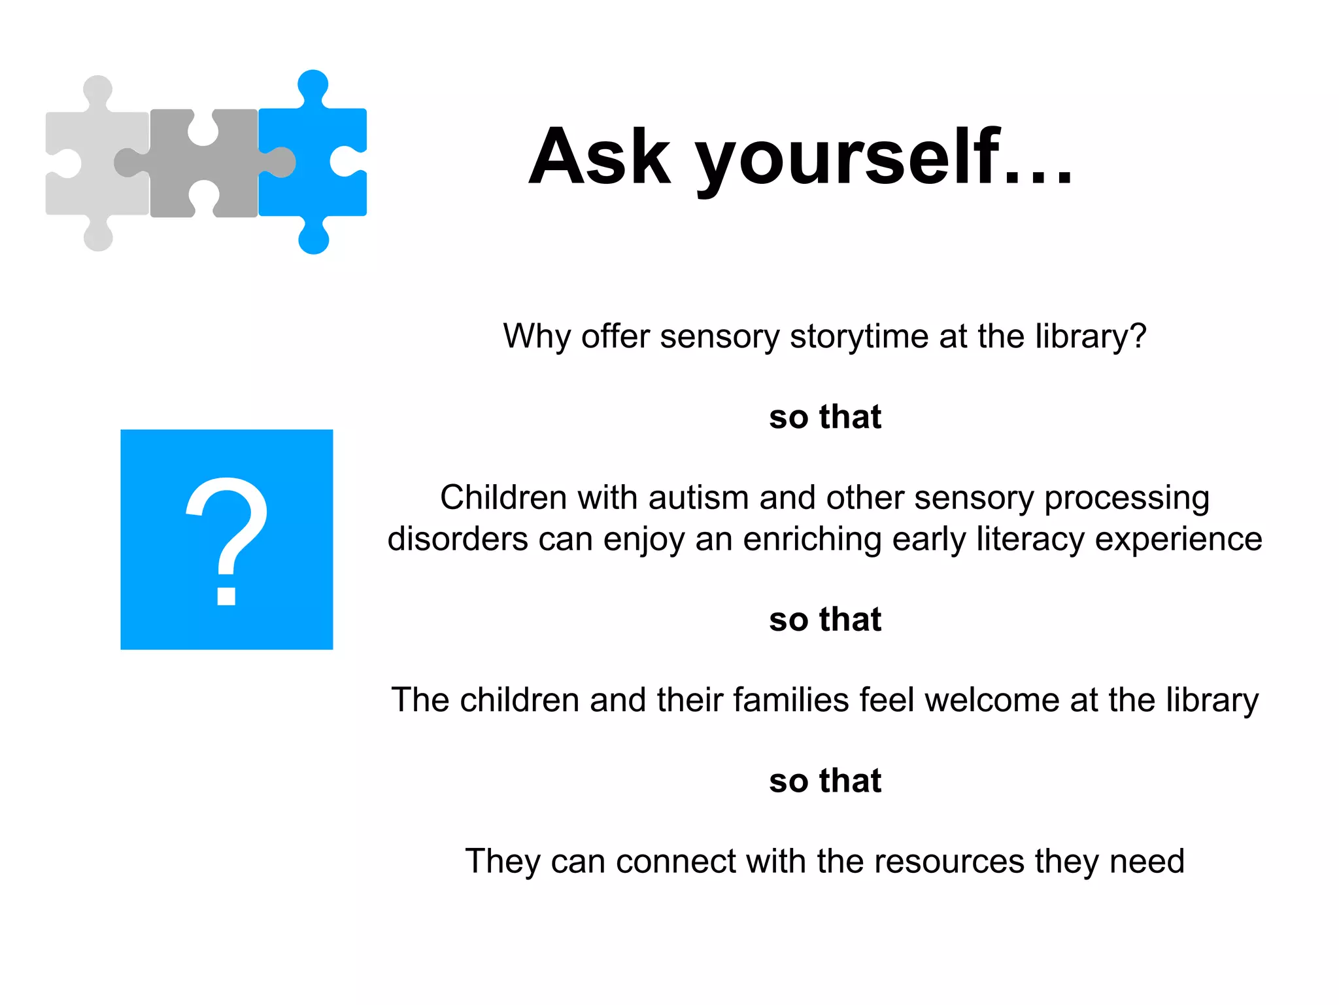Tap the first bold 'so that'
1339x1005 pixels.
click(825, 417)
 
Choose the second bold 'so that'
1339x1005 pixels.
click(825, 619)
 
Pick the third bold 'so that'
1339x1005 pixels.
click(825, 781)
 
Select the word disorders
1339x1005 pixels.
click(458, 539)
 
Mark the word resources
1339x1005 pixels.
click(949, 862)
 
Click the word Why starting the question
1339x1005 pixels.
click(537, 337)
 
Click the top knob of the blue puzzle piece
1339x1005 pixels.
click(313, 84)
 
